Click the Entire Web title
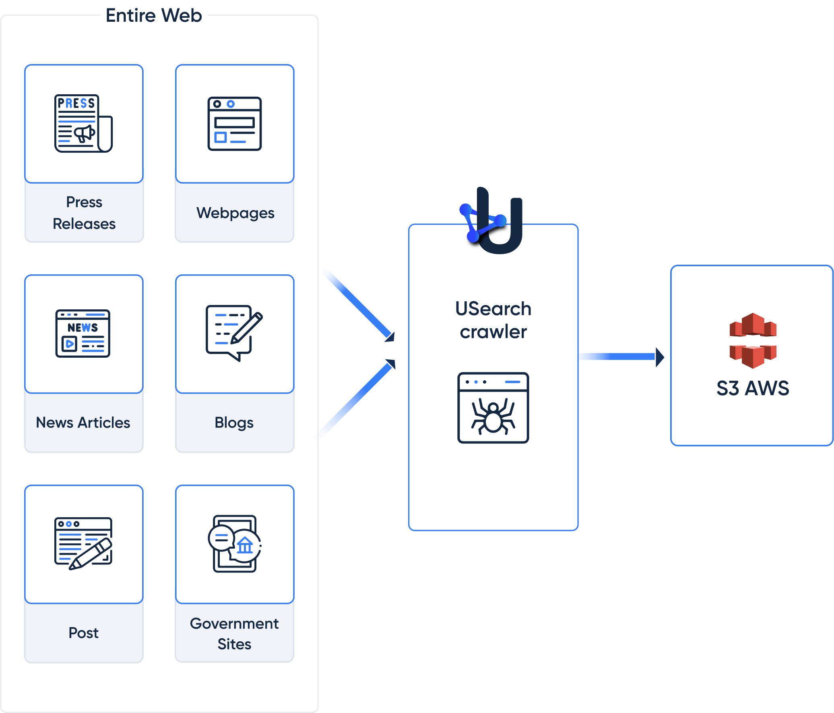[x=154, y=15]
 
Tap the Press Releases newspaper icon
[x=83, y=123]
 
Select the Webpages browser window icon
[x=234, y=124]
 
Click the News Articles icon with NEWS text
[x=83, y=333]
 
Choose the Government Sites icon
[x=235, y=543]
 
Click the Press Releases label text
[x=84, y=213]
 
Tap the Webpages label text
[x=235, y=213]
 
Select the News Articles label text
[x=83, y=423]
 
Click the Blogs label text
[x=234, y=423]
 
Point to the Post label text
[x=83, y=633]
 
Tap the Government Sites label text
[x=234, y=633]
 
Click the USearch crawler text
[x=493, y=320]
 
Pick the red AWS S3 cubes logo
[x=753, y=340]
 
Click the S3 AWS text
[x=753, y=388]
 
